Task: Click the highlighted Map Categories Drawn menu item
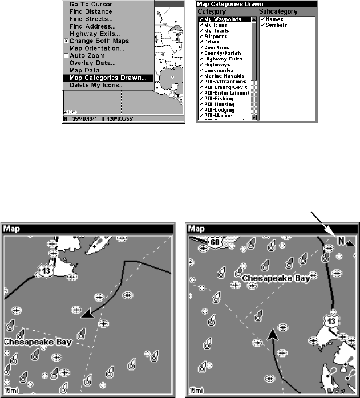(x=107, y=78)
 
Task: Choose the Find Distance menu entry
(x=91, y=11)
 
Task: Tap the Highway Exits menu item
(x=95, y=34)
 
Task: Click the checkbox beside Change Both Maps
(x=66, y=41)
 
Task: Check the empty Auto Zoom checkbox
(x=66, y=56)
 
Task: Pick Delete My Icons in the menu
(x=96, y=85)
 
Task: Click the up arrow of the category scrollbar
(x=254, y=19)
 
